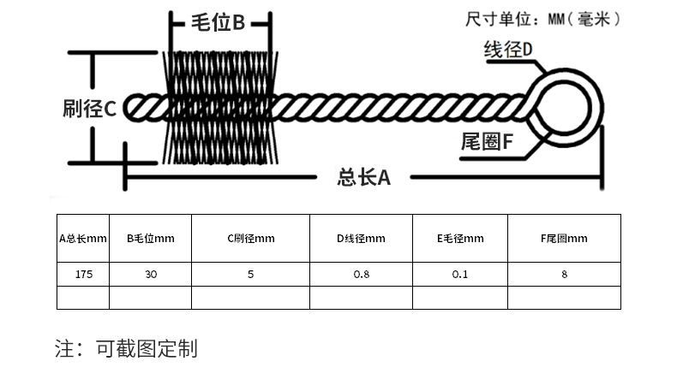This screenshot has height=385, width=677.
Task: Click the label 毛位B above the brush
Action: pos(220,23)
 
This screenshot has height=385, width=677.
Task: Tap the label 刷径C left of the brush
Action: pos(89,109)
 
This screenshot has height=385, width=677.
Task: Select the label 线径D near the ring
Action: pos(509,50)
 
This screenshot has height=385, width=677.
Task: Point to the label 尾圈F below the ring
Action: pos(487,143)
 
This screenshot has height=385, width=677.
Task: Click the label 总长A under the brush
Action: pos(364,178)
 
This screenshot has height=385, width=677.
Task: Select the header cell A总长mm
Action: pos(83,239)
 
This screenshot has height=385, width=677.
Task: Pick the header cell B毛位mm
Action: pos(150,239)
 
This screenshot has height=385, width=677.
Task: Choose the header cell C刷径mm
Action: pos(250,239)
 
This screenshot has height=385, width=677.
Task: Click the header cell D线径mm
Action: pos(361,239)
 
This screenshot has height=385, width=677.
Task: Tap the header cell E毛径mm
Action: pos(460,239)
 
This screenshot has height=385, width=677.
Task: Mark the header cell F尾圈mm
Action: pos(564,239)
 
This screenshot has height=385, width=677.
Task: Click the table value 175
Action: pos(83,275)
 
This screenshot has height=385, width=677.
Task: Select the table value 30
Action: pos(150,275)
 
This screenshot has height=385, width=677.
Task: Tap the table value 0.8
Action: pos(361,275)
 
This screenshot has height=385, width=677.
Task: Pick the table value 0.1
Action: pos(460,275)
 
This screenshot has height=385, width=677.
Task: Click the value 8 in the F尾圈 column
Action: pos(564,275)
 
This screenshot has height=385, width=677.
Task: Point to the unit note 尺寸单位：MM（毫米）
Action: pos(542,18)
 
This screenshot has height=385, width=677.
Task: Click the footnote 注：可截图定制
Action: pos(126,348)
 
